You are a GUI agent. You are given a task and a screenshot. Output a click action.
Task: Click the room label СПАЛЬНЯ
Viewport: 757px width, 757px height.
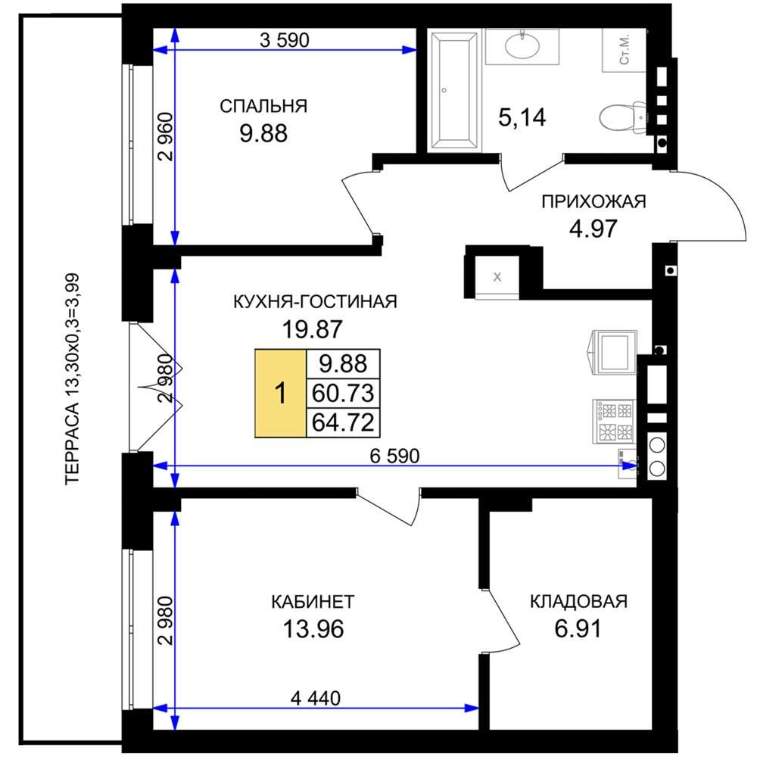(263, 106)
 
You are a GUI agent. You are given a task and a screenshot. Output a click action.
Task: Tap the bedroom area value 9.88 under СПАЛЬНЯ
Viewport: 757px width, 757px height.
(263, 133)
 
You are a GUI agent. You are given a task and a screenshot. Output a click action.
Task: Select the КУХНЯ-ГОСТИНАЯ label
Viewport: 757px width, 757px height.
(315, 302)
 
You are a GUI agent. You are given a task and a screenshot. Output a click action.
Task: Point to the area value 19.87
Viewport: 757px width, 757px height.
(313, 329)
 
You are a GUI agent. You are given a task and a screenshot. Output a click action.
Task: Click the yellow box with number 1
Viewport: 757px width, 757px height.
(281, 393)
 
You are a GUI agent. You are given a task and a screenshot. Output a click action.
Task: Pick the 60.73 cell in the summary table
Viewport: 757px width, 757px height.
(343, 393)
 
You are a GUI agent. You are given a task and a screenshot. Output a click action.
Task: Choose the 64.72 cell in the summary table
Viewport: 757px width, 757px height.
(343, 423)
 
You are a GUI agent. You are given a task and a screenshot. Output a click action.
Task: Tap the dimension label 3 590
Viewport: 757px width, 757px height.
(285, 40)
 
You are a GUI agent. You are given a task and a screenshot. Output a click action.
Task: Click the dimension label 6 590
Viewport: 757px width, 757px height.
(394, 456)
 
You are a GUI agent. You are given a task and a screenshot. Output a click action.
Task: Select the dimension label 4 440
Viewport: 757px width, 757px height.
(316, 698)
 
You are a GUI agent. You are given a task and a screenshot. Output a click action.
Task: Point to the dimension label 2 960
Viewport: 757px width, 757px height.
(166, 137)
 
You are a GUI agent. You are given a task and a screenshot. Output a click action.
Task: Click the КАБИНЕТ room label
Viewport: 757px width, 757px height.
(313, 602)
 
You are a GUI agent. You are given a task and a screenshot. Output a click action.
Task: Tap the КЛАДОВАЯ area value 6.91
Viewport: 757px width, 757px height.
(578, 629)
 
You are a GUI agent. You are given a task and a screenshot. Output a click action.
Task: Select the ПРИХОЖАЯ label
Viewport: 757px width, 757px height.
(593, 201)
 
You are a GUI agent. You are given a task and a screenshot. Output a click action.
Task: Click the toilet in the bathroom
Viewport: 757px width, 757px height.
(623, 117)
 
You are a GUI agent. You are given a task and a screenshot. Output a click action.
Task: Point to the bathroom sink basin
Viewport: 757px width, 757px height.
(522, 46)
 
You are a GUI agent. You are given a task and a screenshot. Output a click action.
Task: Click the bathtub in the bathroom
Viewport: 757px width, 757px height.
(454, 90)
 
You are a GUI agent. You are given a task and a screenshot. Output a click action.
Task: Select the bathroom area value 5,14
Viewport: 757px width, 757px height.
(522, 117)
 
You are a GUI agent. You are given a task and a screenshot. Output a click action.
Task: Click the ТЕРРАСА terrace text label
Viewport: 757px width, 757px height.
(73, 379)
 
